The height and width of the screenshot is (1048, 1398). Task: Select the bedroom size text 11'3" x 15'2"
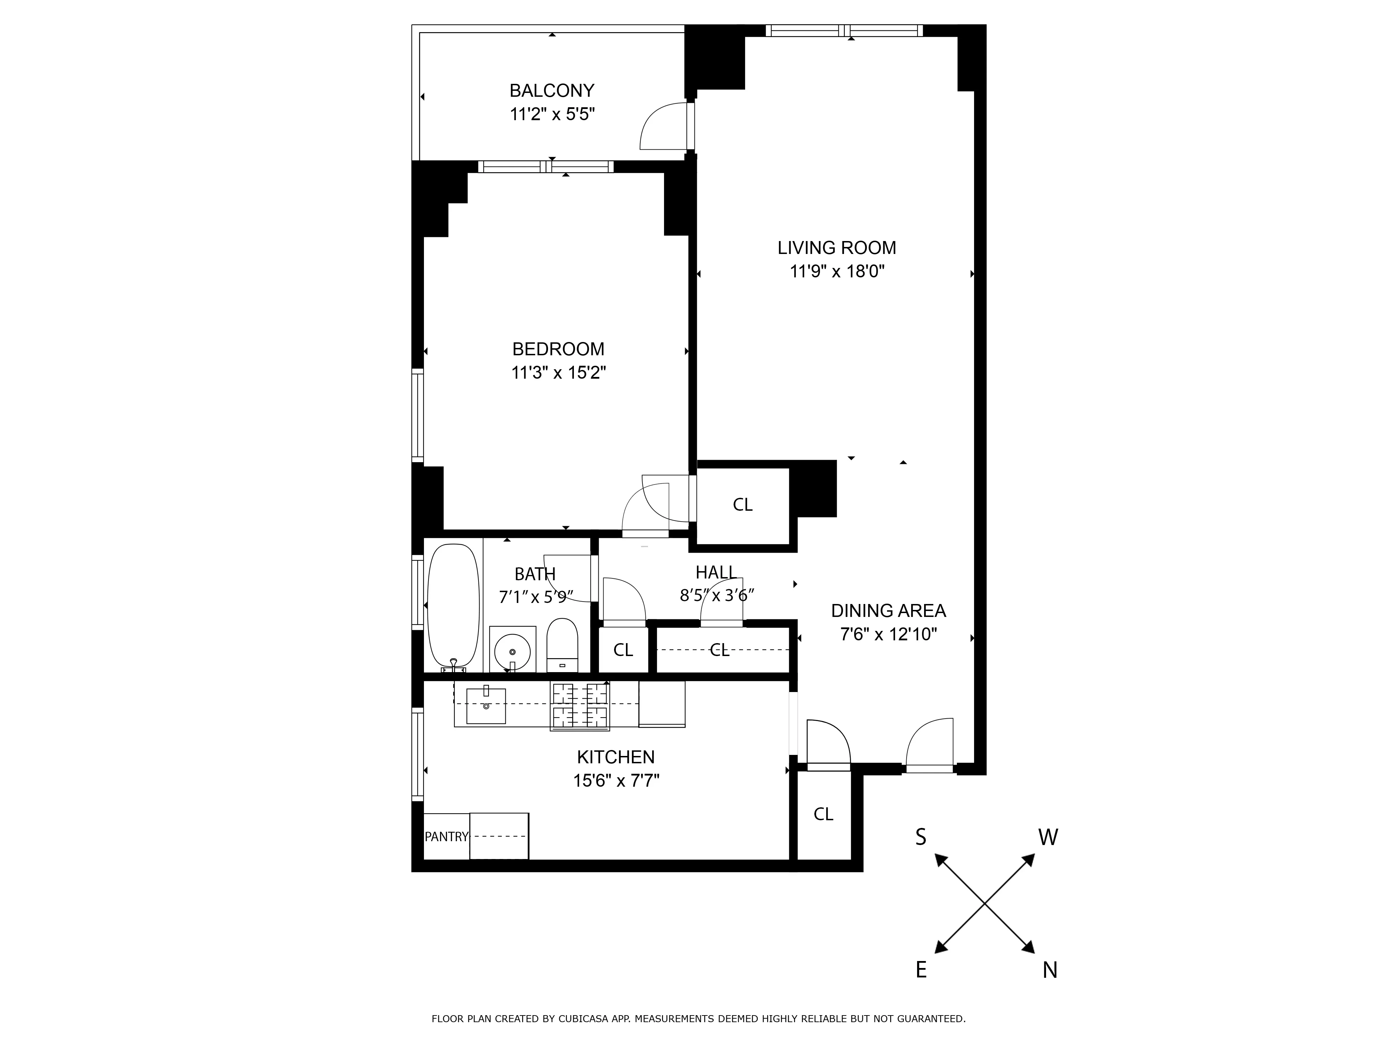pyautogui.click(x=558, y=373)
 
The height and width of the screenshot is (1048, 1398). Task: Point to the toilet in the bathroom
pyautogui.click(x=562, y=644)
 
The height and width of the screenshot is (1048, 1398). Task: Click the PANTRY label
pyautogui.click(x=446, y=837)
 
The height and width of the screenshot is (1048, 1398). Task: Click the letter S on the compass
pyautogui.click(x=921, y=838)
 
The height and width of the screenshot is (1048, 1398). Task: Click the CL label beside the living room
pyautogui.click(x=743, y=505)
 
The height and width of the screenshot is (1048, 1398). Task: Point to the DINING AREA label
pyautogui.click(x=888, y=611)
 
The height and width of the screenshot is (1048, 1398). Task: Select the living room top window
pyautogui.click(x=844, y=30)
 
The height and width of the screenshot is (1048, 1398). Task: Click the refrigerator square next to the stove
pyautogui.click(x=662, y=704)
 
